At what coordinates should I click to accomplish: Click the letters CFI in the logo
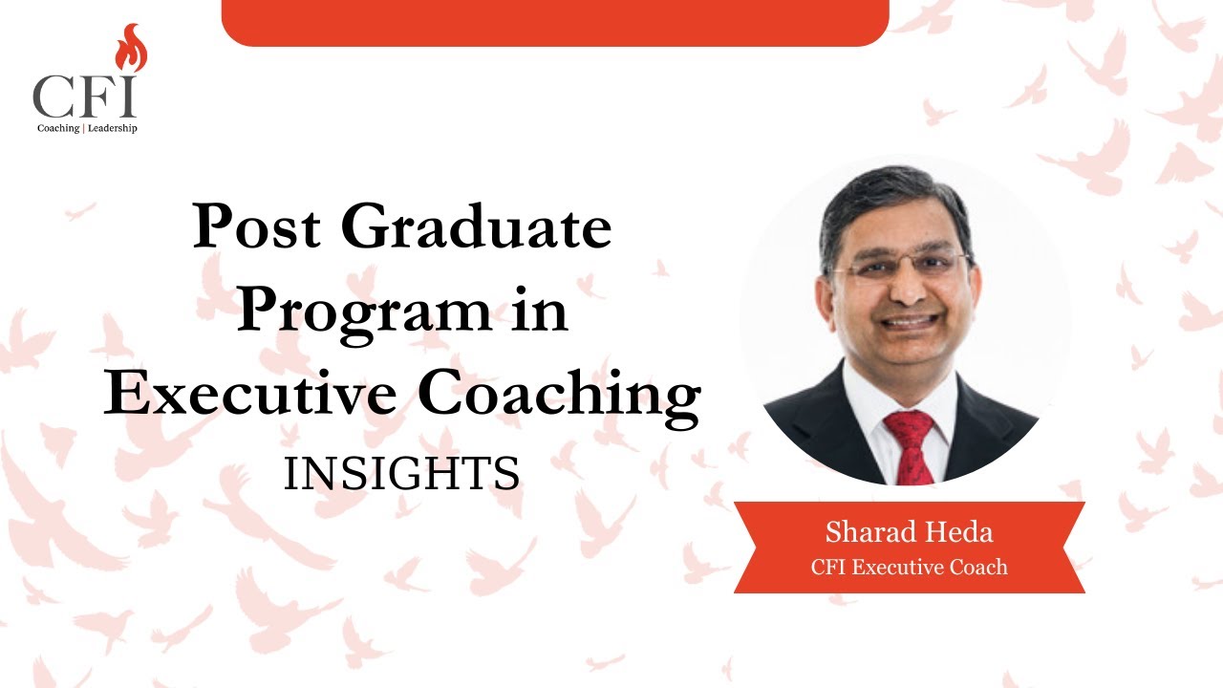click(x=84, y=97)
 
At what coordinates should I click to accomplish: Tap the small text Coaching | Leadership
click(x=86, y=128)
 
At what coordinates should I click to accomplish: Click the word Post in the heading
click(x=251, y=228)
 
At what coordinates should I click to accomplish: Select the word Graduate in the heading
click(x=476, y=228)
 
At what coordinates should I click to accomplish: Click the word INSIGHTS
click(x=401, y=474)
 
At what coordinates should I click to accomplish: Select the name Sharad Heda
click(x=909, y=533)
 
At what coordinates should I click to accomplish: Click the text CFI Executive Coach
click(x=909, y=568)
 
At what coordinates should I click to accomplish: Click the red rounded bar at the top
click(x=555, y=22)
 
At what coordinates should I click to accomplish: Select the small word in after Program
click(x=540, y=312)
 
